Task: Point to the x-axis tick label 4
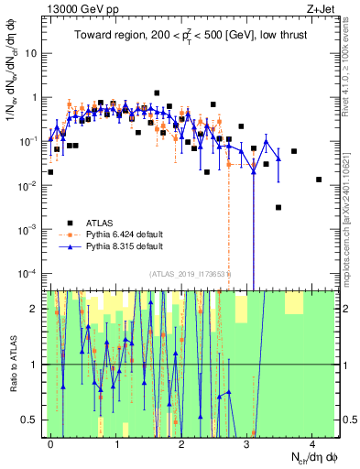click(x=312, y=442)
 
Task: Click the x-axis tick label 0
click(x=51, y=442)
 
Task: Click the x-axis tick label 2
click(x=181, y=442)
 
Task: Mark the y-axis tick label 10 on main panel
click(x=31, y=53)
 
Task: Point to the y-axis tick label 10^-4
click(x=27, y=273)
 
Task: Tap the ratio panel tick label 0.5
click(x=30, y=420)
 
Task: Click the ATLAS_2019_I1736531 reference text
click(x=189, y=275)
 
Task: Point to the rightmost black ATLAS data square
click(x=319, y=180)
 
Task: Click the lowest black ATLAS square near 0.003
click(x=278, y=208)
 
